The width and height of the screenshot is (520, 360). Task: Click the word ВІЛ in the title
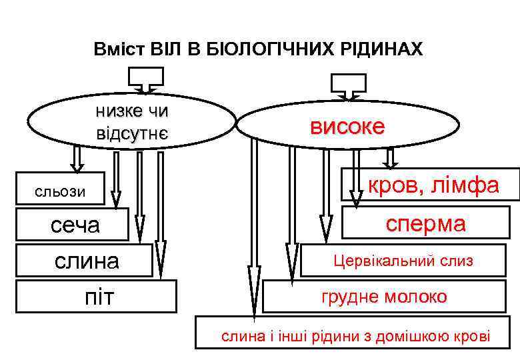pyautogui.click(x=162, y=49)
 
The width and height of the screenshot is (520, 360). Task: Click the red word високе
pyautogui.click(x=347, y=127)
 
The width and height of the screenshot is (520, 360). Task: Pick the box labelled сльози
pyautogui.click(x=60, y=192)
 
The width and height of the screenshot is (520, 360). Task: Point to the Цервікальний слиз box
pyautogui.click(x=403, y=261)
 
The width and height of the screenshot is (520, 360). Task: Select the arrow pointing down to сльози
pyautogui.click(x=77, y=158)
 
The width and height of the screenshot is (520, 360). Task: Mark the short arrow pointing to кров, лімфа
pyautogui.click(x=391, y=157)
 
